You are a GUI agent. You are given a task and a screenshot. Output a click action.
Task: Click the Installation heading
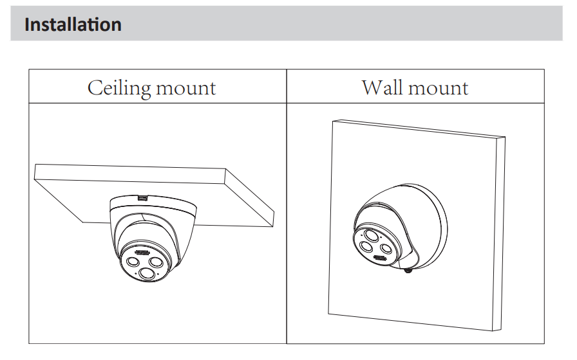pos(73,25)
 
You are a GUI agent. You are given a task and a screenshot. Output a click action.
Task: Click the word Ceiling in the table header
pos(118,87)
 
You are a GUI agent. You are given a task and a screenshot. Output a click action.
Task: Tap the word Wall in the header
pos(384,87)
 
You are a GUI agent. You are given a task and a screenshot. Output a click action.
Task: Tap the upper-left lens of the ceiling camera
pos(133,262)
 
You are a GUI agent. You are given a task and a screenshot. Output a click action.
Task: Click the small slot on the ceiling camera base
pos(142,197)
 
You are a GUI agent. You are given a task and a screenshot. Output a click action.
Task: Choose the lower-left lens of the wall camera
pos(366,246)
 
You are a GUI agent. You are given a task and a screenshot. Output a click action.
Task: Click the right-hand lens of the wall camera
pos(386,249)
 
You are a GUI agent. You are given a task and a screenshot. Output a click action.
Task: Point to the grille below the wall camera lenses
pos(380,259)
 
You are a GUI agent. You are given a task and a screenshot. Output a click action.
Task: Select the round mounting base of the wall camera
pos(428,225)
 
